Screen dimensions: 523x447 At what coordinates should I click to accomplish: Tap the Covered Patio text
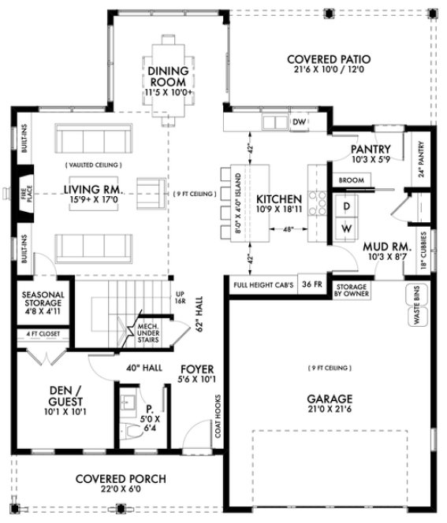(329, 59)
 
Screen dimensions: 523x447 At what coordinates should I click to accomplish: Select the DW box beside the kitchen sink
(299, 122)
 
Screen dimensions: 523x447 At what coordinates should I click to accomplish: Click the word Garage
(330, 398)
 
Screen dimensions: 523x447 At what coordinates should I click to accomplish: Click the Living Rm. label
(92, 189)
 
